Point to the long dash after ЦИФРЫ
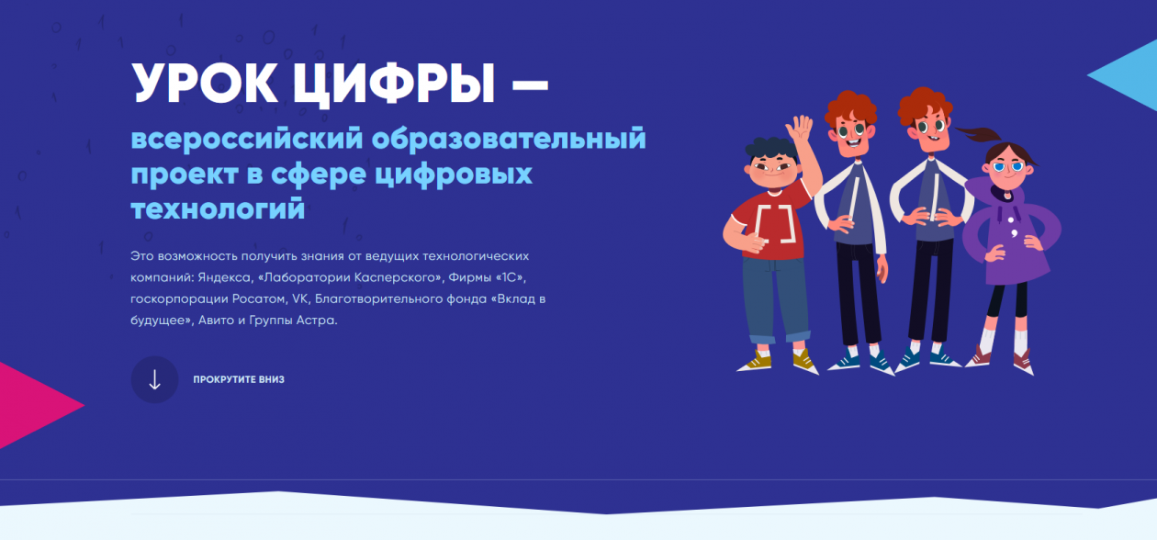[529, 85]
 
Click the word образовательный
[510, 141]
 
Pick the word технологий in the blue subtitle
[217, 208]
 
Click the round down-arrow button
[154, 379]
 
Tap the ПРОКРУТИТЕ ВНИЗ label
[239, 379]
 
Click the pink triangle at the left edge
[37, 405]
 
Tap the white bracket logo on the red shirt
[773, 224]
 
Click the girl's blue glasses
[1007, 167]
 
